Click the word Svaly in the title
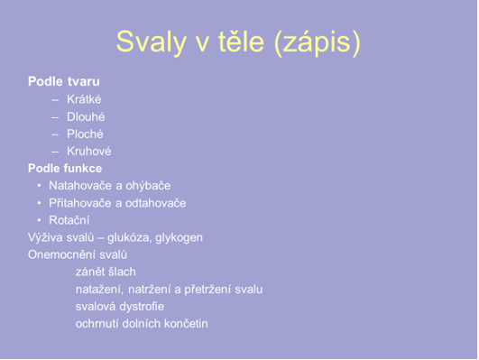pos(152,42)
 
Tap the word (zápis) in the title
pos(318,42)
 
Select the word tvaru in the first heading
pos(83,81)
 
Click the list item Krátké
pos(84,99)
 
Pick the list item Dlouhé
pos(86,116)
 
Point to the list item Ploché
pos(85,134)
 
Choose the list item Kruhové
pos(89,151)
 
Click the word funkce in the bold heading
pos(83,169)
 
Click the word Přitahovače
pos(80,203)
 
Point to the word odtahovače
pos(156,203)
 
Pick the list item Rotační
pos(69,220)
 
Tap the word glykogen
pos(179,238)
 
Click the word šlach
pos(123,272)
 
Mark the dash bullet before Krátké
pos(55,99)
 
